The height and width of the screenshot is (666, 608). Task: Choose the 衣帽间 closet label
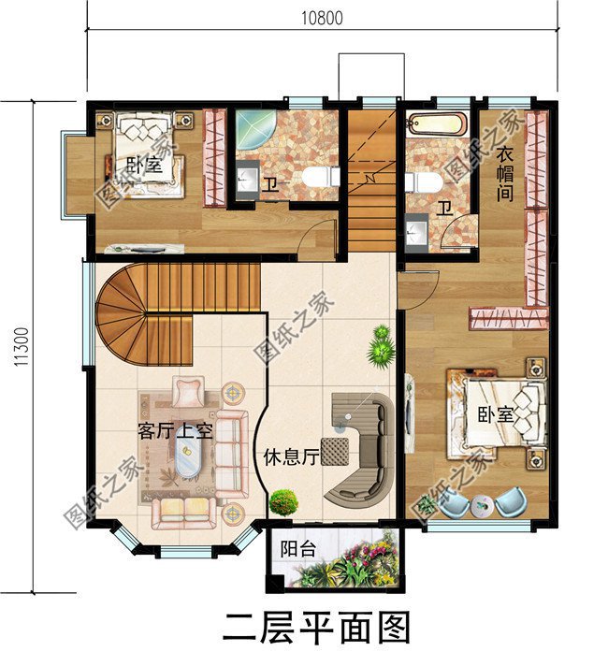point(506,177)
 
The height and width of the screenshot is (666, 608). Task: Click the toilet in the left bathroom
point(318,178)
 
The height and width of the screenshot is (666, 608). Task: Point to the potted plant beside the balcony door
point(283,502)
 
